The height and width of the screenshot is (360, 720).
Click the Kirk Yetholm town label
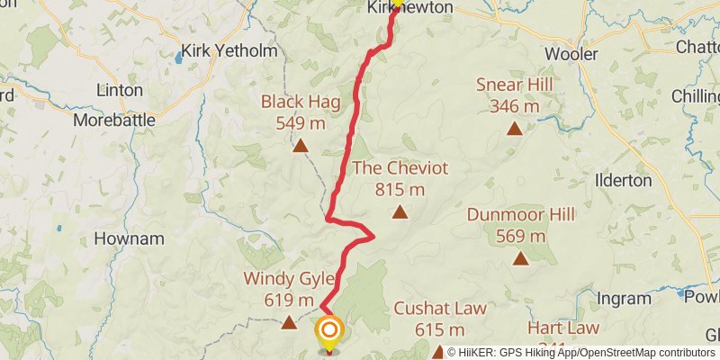point(229,51)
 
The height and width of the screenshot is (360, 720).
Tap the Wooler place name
point(571,54)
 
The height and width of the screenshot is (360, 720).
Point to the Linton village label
point(120,91)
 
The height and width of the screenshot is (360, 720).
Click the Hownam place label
point(129,239)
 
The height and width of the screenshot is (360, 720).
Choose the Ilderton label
point(623,180)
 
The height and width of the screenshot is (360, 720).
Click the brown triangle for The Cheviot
point(400,213)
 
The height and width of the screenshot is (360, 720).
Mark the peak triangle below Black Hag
point(301,145)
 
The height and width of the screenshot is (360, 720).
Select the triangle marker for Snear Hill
point(514,129)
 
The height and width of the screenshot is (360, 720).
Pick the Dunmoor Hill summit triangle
point(520,259)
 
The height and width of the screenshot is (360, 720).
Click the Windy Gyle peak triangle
point(289,321)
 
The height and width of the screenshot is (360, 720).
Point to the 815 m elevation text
point(400,189)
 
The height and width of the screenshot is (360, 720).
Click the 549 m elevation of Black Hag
point(301,122)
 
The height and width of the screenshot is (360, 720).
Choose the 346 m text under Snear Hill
point(515,106)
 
